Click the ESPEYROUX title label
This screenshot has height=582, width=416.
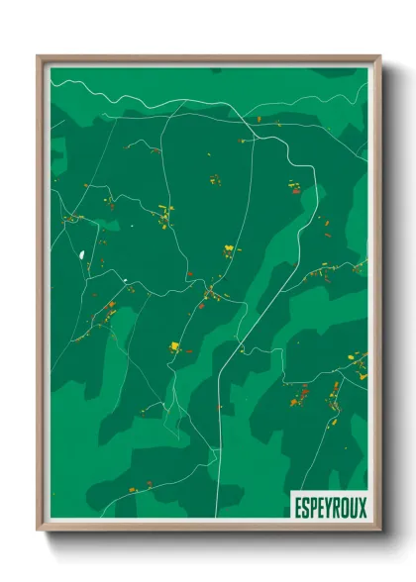329,507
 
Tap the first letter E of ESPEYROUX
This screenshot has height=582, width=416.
297,507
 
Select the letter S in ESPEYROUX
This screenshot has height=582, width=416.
305,507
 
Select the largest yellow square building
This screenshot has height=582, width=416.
175,345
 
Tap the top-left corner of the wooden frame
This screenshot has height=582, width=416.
39,56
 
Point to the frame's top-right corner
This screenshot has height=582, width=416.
379,56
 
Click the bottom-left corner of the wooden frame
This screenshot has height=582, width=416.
39,530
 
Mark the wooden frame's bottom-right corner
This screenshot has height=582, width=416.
379,530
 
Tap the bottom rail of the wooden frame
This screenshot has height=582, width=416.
208,528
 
